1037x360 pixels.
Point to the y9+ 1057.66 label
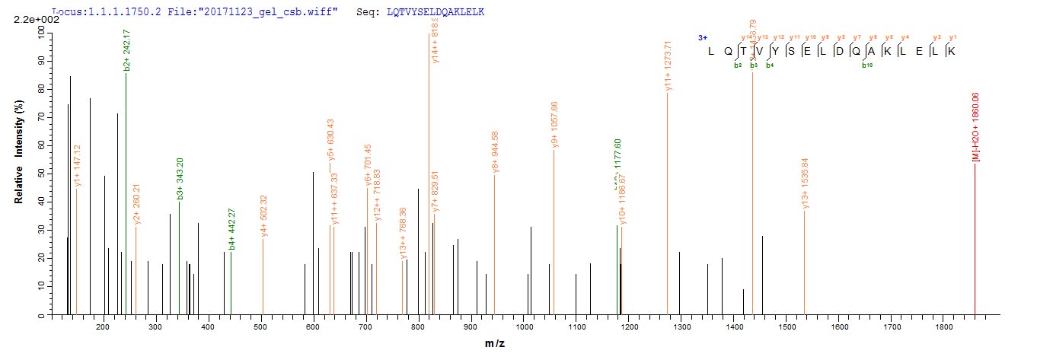point(555,124)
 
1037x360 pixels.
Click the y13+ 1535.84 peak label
point(805,183)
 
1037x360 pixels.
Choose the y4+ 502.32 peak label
point(264,215)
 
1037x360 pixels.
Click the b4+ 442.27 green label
point(231,229)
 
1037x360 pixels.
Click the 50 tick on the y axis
point(37,173)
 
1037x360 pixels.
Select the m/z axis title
point(496,344)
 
